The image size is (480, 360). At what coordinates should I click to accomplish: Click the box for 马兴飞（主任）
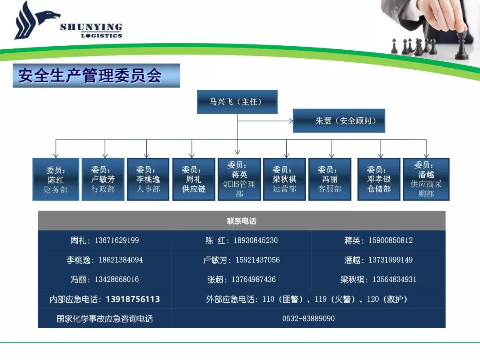[x=237, y=102]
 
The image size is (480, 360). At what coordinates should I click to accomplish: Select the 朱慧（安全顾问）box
[x=339, y=120]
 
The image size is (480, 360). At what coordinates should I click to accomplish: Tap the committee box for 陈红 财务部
[x=56, y=180]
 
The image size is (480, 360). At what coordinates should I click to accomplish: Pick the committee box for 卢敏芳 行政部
[x=103, y=180]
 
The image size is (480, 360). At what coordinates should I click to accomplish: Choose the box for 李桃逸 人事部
[x=148, y=180]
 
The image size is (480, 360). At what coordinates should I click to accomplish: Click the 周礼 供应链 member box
[x=194, y=180]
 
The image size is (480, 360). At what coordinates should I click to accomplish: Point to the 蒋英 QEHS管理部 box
[x=240, y=180]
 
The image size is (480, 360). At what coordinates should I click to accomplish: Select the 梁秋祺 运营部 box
[x=285, y=180]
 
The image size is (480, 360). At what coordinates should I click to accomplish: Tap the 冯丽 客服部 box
[x=330, y=180]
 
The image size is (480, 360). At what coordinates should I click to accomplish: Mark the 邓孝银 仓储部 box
[x=379, y=180]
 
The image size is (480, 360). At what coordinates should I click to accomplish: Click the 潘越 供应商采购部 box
[x=426, y=180]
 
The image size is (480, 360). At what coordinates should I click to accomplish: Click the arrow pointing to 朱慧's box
[x=265, y=121]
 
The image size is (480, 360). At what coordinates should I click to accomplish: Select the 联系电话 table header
[x=241, y=221]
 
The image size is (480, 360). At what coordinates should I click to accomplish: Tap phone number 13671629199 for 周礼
[x=116, y=240]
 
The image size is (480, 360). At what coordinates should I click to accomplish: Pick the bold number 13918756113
[x=133, y=299]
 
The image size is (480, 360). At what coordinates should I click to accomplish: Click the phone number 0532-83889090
[x=308, y=318]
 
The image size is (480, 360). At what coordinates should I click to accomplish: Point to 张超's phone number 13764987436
[x=253, y=279]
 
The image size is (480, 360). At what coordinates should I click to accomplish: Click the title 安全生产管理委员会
[x=90, y=76]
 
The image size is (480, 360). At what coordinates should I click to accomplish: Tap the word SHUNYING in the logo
[x=91, y=27]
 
